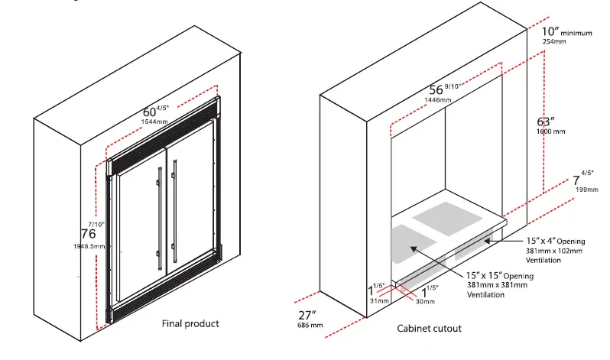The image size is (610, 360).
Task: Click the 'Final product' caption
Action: [x=190, y=323]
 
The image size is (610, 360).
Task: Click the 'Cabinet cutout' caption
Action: [x=429, y=329]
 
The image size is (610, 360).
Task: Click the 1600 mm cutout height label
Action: [x=550, y=131]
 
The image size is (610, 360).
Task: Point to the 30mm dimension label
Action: [x=424, y=302]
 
